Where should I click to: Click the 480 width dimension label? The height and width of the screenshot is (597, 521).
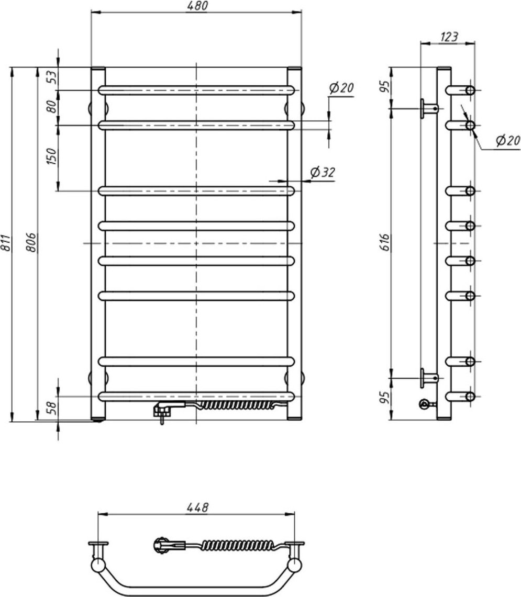pos(197,6)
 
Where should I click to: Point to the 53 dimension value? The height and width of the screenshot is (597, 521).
pos(52,77)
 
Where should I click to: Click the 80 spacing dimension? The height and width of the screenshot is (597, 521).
pos(52,106)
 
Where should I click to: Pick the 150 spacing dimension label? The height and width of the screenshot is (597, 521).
pos(51,156)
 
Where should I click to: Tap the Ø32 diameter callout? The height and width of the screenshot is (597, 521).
pos(323,173)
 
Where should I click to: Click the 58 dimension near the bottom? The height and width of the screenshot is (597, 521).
pos(52,408)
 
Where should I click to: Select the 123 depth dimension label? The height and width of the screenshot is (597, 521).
pos(449,37)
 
